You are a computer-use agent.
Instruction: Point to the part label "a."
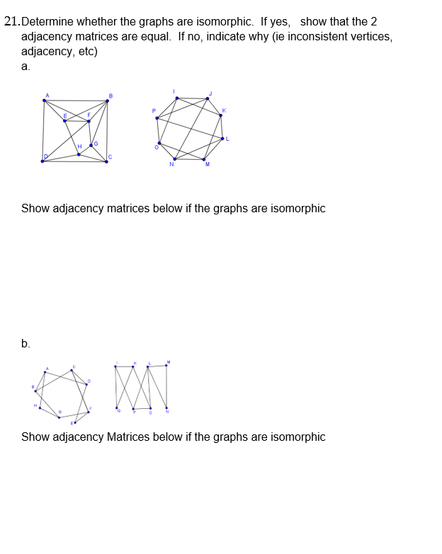[25, 67]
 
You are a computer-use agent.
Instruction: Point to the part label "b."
[25, 343]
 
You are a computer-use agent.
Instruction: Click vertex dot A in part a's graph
[44, 100]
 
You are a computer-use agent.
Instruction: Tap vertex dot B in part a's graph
[108, 100]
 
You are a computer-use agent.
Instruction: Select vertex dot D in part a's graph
[42, 161]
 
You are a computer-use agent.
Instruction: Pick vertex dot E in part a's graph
[65, 120]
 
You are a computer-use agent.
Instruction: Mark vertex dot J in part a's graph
[206, 98]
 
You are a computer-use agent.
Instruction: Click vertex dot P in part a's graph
[157, 117]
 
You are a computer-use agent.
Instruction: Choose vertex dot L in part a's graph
[222, 139]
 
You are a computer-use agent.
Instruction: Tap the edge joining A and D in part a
[43, 131]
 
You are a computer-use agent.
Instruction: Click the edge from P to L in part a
[190, 128]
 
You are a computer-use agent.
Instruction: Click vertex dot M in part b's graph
[166, 366]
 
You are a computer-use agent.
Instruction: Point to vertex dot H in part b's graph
[40, 408]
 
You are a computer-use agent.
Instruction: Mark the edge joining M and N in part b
[166, 386]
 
